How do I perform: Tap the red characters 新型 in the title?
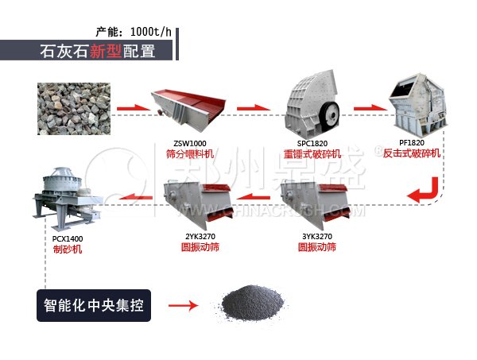[x=105, y=52]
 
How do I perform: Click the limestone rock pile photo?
[x=72, y=106]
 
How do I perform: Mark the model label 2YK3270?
[x=200, y=236]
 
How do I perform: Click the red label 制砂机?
[x=64, y=248]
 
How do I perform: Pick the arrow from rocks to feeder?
[x=134, y=106]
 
